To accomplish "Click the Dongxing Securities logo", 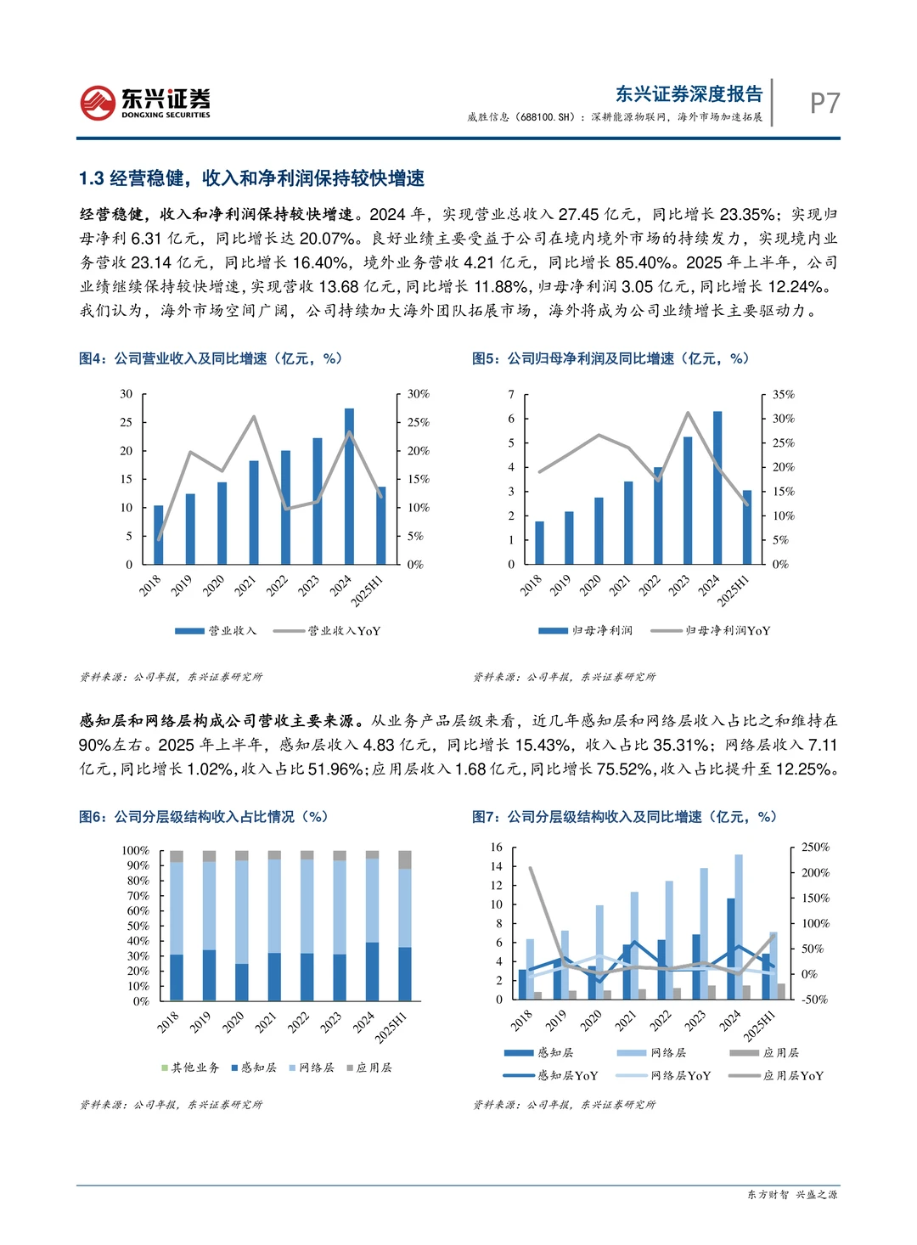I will coord(145,103).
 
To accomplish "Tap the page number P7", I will coord(824,103).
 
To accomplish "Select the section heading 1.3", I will coord(251,178).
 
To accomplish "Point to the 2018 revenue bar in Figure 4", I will coord(159,535).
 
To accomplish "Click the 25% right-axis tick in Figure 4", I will coord(419,422).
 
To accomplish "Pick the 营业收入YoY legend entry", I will coord(328,631).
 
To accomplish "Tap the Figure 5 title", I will coord(610,358).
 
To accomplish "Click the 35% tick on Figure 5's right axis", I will coord(784,395).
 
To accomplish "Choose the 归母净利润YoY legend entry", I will coord(711,631).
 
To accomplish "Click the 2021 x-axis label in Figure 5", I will coord(620,584).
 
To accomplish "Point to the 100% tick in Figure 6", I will coord(135,851).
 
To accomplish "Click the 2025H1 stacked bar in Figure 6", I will coord(405,926).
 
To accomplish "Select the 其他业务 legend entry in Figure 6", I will coord(191,1068).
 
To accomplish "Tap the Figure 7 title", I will coord(624,816).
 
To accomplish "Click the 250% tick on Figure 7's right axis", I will coord(815,848).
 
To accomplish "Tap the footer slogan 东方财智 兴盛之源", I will coord(792,1194).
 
